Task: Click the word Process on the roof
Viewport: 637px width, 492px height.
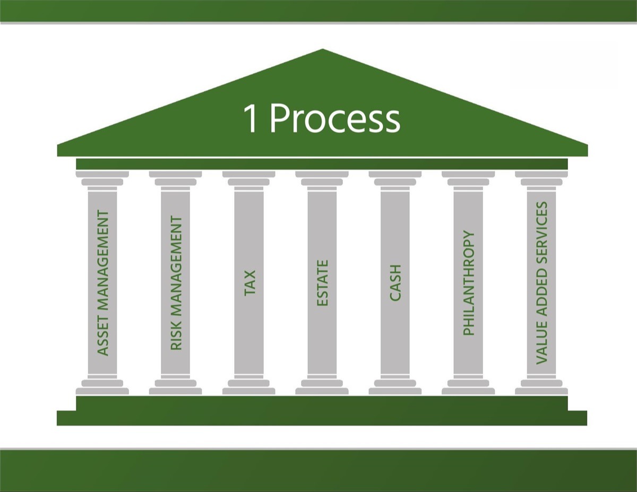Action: tap(335, 119)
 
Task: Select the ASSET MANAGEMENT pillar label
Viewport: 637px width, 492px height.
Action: tap(102, 283)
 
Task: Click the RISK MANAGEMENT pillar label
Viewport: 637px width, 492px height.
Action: tap(176, 283)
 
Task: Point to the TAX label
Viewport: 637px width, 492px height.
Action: tap(250, 283)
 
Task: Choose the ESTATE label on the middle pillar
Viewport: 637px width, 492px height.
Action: tap(322, 283)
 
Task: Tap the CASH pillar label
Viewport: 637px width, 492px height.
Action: tap(395, 283)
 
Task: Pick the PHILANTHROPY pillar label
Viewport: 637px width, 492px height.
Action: tap(468, 283)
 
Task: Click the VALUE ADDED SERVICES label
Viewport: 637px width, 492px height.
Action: tap(541, 283)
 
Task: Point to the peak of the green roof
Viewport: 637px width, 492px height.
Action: tap(322, 49)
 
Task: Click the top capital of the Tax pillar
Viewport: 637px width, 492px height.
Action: tap(248, 178)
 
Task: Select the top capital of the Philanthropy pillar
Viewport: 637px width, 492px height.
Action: tap(468, 178)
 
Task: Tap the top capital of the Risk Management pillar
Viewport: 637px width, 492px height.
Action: tap(175, 178)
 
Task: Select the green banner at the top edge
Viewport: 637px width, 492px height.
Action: tap(318, 11)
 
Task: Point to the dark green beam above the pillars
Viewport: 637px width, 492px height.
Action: tap(322, 164)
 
